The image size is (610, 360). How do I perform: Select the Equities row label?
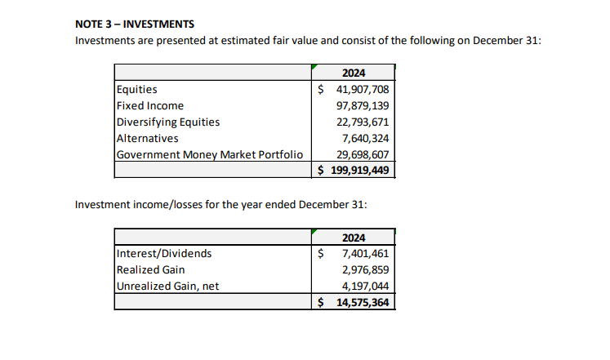click(138, 89)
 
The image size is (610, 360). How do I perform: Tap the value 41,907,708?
click(363, 89)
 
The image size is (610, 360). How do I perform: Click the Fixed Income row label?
click(150, 105)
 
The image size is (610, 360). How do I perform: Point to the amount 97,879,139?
click(363, 105)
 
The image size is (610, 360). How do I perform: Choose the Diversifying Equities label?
click(168, 122)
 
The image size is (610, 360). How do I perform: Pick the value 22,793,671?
click(363, 122)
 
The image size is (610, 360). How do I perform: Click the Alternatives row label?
click(148, 138)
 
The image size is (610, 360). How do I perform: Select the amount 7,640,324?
click(366, 138)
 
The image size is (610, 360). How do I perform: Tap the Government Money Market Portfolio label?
click(210, 154)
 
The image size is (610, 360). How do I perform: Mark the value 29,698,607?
click(363, 154)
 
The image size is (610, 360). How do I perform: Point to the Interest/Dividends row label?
click(164, 253)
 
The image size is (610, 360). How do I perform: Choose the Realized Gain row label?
click(151, 269)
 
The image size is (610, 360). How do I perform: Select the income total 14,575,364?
click(363, 303)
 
